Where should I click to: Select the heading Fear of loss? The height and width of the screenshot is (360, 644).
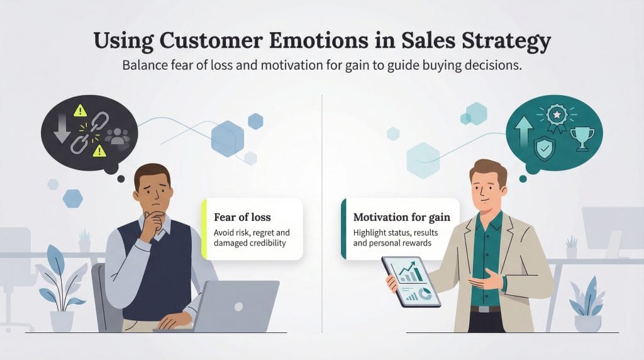(x=241, y=217)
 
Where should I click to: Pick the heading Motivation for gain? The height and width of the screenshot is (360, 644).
(x=402, y=218)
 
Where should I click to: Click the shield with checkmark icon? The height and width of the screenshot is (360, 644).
(x=544, y=149)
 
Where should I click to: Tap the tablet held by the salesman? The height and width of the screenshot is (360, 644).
(x=413, y=281)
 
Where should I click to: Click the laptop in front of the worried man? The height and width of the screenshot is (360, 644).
(x=236, y=306)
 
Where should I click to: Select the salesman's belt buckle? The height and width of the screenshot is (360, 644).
(x=482, y=309)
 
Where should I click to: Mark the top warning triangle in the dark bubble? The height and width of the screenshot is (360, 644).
(x=80, y=111)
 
